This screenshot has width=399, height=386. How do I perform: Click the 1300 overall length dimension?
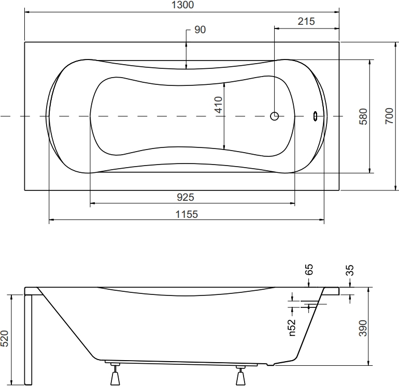tap(182, 5)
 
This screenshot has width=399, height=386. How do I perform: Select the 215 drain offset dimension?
tap(306, 21)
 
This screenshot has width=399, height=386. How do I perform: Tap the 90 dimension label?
tap(200, 29)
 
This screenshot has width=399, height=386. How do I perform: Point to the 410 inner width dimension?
tap(218, 105)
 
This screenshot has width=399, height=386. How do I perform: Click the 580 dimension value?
tap(363, 116)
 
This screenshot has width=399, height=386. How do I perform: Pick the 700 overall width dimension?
tap(389, 116)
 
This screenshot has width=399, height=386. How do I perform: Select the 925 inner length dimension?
tap(186, 197)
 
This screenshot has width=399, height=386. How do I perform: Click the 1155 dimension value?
tap(187, 214)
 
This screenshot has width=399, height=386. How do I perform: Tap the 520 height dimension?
tap(5, 338)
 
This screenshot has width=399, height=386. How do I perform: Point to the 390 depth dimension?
tap(363, 328)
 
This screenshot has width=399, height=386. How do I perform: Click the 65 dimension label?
tap(308, 270)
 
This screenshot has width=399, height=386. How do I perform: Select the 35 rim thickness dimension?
tap(350, 270)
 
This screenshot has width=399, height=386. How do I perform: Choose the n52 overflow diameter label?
tap(292, 328)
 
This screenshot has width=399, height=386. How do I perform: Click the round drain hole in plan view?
tap(274, 116)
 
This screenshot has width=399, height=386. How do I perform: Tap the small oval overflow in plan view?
tap(316, 116)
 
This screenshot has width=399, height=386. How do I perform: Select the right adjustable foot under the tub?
tap(240, 375)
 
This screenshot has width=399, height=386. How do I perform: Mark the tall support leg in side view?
tap(28, 340)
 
